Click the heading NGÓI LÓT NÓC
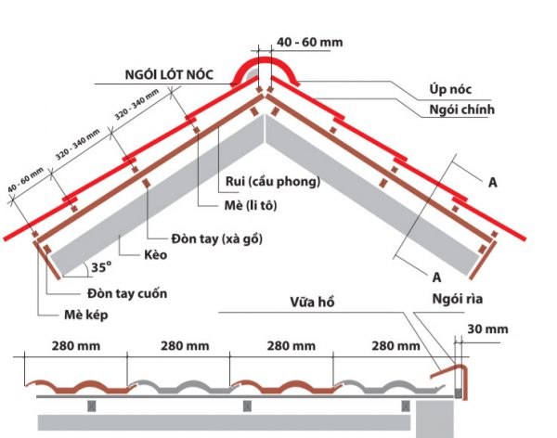click(x=169, y=74)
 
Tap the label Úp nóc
click(x=450, y=89)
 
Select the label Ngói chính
click(x=461, y=109)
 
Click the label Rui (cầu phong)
click(x=273, y=182)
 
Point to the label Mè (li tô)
click(x=251, y=205)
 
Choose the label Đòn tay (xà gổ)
click(x=217, y=238)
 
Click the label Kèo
click(x=156, y=254)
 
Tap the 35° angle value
click(x=101, y=267)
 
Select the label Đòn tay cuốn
click(x=127, y=293)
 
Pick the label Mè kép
click(x=86, y=315)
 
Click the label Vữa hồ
click(x=312, y=303)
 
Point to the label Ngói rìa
click(x=458, y=299)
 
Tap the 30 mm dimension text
click(x=487, y=329)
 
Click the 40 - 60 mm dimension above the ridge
click(x=310, y=43)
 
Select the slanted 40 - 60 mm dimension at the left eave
click(x=26, y=180)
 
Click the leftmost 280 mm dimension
click(x=76, y=345)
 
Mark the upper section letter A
click(x=493, y=183)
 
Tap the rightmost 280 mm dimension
click(x=395, y=345)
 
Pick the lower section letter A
click(x=437, y=277)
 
